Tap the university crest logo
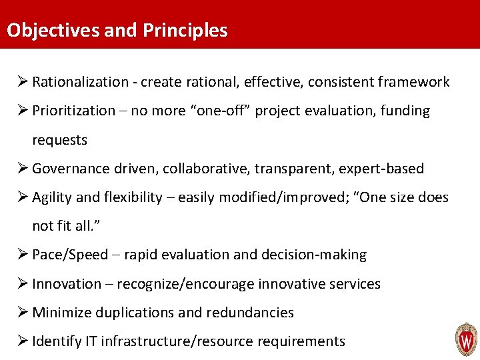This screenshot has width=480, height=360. coord(466,339)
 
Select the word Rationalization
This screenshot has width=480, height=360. coord(81,82)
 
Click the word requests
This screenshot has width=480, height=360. coord(60,140)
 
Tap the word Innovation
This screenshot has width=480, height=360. coord(67,284)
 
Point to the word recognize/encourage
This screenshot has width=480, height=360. coord(185,284)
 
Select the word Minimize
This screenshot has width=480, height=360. coord(61,313)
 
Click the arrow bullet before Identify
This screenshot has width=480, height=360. coord(21,341)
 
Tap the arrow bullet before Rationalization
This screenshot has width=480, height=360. coord(21,82)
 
